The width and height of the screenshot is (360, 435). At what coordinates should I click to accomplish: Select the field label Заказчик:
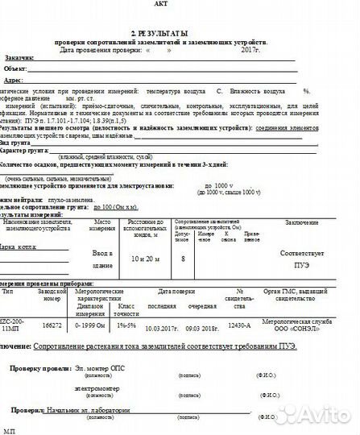(19, 59)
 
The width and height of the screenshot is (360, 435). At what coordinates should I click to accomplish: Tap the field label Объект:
(17, 70)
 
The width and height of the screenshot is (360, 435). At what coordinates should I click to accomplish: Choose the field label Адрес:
(14, 81)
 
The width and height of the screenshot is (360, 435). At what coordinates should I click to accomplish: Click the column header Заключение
(300, 221)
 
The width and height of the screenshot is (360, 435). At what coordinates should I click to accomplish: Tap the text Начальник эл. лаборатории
(98, 409)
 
